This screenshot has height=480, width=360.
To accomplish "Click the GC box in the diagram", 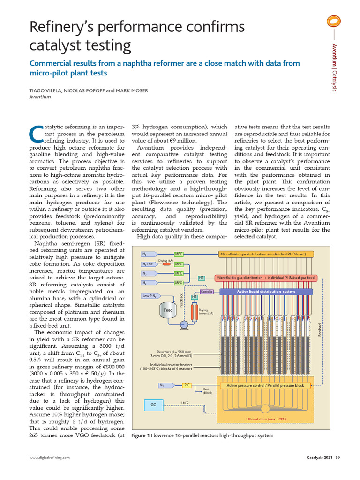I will [153, 404].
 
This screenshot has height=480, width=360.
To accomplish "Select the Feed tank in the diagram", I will [168, 311].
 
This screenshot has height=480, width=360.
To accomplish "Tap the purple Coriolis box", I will [207, 292].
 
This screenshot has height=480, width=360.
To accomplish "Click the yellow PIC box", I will [187, 385].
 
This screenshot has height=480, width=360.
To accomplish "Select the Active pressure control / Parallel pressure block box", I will [265, 385].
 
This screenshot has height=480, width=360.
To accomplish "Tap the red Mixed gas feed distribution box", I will [266, 278].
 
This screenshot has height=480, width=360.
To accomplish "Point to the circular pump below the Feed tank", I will [184, 324].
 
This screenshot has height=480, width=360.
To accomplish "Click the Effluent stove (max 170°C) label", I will [266, 419].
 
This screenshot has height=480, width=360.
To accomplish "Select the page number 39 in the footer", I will [337, 457].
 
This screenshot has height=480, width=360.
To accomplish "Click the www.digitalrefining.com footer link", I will [50, 457].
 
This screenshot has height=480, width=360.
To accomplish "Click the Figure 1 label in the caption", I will [141, 436].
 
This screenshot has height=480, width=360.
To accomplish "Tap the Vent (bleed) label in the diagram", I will [207, 391].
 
